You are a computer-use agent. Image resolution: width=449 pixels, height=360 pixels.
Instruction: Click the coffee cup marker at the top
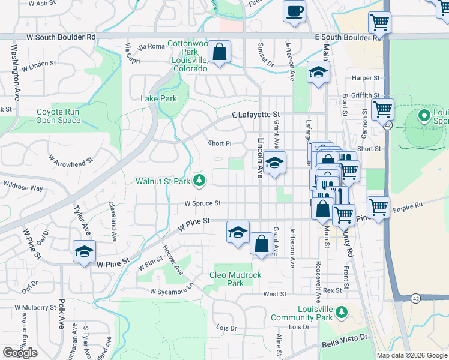point(294,12)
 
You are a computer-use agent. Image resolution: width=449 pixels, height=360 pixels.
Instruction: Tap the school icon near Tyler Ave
point(84,251)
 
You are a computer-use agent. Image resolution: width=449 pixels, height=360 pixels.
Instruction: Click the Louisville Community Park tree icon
point(342,312)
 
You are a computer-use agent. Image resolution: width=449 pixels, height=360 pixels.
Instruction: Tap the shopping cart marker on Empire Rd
point(378,208)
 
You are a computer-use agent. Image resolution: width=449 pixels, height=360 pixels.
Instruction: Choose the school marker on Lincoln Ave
point(274,163)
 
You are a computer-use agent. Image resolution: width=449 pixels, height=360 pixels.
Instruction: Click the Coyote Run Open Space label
point(58,116)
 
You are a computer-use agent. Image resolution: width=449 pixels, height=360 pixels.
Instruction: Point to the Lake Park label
point(159,98)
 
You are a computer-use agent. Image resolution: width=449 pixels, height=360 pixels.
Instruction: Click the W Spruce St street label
point(203,203)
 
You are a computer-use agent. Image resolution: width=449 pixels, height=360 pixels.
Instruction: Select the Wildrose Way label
point(24,188)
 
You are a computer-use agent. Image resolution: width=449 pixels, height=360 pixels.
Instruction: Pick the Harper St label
point(366,78)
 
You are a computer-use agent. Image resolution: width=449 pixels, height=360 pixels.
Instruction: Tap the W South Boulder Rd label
point(61,37)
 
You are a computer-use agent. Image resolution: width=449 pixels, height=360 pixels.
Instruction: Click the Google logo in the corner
point(20,353)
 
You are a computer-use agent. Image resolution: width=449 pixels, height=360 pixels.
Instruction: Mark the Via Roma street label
point(151,46)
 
